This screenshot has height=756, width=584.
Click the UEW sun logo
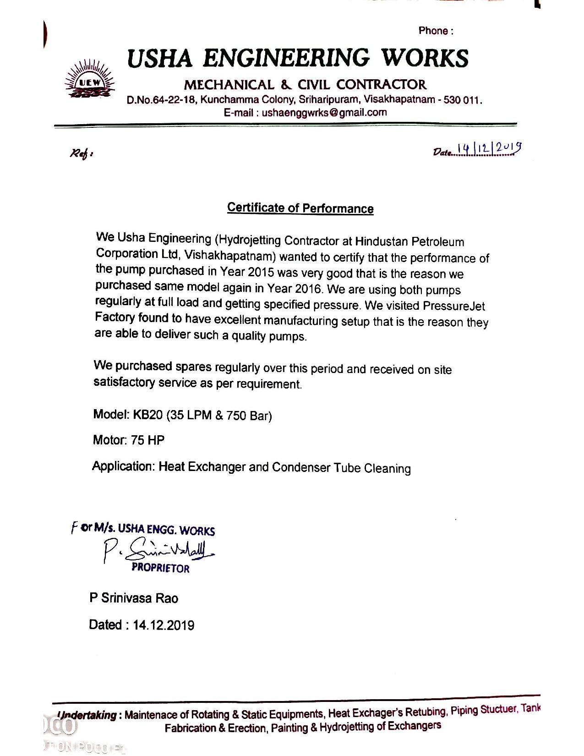tap(90, 79)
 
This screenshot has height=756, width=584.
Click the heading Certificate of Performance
tap(300, 208)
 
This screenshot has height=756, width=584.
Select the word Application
tap(123, 466)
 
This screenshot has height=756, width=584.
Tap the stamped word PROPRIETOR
tap(160, 568)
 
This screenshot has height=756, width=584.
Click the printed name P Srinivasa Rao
tap(134, 598)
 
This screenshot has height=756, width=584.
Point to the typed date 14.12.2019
tap(164, 625)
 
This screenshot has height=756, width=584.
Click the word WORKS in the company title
tap(426, 58)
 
